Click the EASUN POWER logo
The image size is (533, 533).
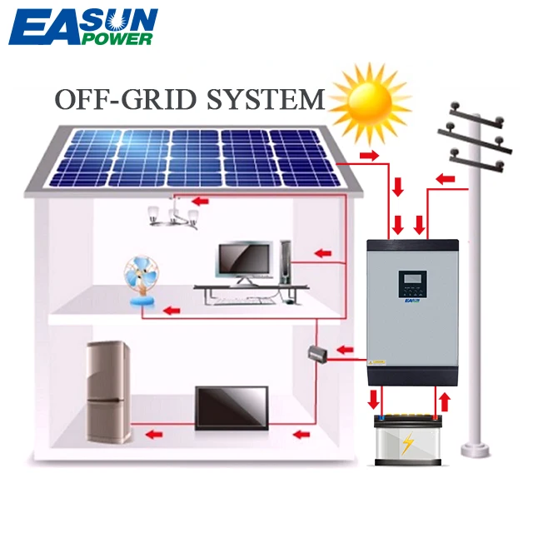click(x=83, y=27)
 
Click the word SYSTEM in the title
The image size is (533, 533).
click(x=266, y=99)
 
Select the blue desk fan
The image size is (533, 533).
click(x=142, y=281)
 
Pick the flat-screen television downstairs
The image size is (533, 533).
click(x=232, y=408)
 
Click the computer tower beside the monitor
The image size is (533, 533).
click(x=286, y=262)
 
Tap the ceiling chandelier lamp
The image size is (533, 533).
click(x=173, y=214)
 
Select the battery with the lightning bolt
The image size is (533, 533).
click(x=408, y=440)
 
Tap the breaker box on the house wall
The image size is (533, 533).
click(x=318, y=354)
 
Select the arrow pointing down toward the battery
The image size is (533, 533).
click(x=374, y=400)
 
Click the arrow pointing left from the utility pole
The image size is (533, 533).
click(x=446, y=179)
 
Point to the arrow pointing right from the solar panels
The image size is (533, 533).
click(x=369, y=156)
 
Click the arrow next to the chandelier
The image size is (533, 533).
click(x=200, y=202)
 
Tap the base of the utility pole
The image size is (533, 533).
click(x=476, y=450)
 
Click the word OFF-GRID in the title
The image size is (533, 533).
click(x=126, y=99)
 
